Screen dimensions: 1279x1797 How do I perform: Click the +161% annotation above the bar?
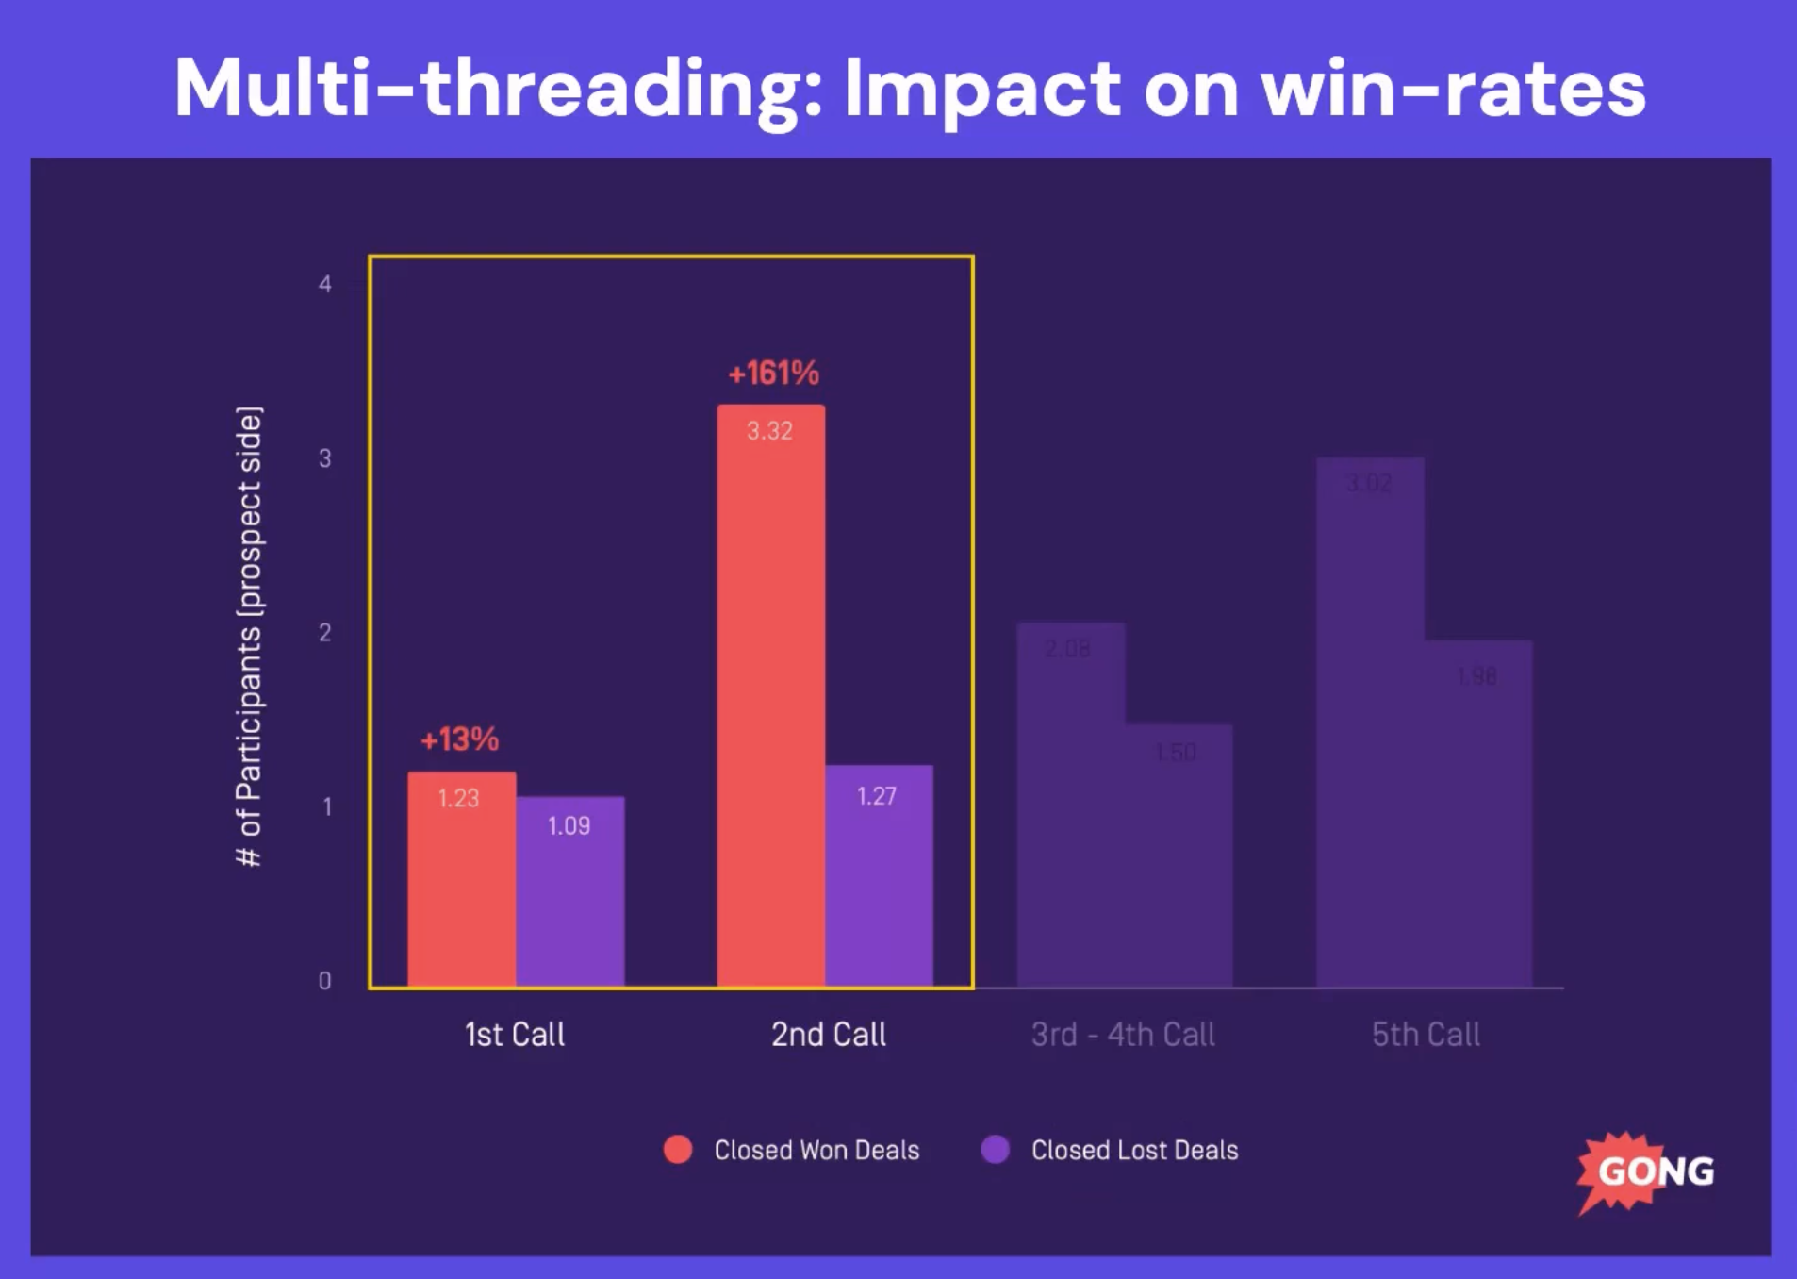click(x=773, y=374)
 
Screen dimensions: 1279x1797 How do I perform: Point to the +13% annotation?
click(x=459, y=739)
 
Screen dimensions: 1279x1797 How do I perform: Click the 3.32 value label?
click(x=769, y=431)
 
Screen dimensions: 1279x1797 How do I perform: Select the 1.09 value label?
click(x=569, y=826)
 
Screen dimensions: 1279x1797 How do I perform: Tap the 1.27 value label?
click(x=876, y=796)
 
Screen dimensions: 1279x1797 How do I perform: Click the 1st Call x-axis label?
click(x=515, y=1035)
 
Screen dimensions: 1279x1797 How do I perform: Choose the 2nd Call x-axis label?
click(x=829, y=1035)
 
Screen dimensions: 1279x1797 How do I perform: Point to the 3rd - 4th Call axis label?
click(x=1123, y=1035)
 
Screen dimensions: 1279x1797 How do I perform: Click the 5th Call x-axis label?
click(x=1426, y=1035)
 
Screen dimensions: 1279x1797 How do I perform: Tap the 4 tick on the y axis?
click(x=325, y=284)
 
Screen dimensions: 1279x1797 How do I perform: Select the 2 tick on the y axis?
click(x=325, y=633)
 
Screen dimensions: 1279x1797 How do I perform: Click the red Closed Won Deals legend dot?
click(x=678, y=1150)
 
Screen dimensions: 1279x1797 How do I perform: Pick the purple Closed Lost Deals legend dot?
click(x=996, y=1150)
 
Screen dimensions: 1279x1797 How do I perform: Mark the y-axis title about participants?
click(x=249, y=637)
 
